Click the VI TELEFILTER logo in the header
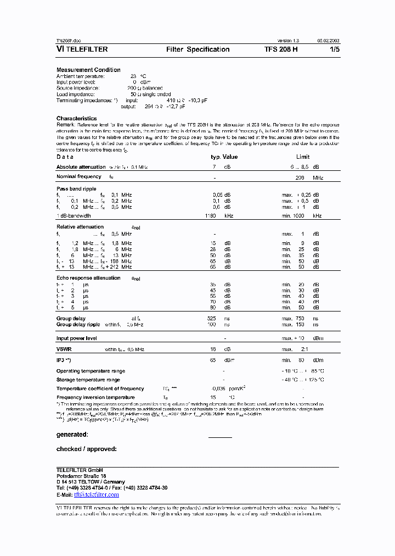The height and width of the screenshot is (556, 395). click(x=82, y=49)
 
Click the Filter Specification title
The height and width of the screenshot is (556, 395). click(x=198, y=49)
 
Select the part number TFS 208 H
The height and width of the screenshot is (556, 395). click(x=281, y=49)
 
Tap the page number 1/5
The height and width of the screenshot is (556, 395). click(x=334, y=49)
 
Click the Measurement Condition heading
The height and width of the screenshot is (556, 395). click(x=88, y=70)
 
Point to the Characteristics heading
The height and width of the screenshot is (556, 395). click(x=76, y=118)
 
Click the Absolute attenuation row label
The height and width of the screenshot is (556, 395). click(x=81, y=167)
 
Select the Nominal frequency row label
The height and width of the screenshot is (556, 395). click(x=79, y=177)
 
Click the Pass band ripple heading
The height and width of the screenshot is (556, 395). click(x=76, y=188)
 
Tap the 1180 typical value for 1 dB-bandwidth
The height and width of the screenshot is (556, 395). click(x=211, y=216)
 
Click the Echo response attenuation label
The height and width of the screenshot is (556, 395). click(x=88, y=278)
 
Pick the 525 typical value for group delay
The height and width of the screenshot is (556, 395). click(x=211, y=319)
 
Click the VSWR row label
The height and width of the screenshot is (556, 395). click(x=65, y=349)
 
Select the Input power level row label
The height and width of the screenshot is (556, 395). click(x=77, y=338)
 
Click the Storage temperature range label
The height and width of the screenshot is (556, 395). click(x=88, y=380)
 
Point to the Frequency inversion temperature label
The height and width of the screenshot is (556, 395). click(x=96, y=397)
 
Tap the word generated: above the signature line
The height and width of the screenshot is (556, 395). click(x=72, y=435)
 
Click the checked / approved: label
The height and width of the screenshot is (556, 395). click(x=86, y=449)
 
